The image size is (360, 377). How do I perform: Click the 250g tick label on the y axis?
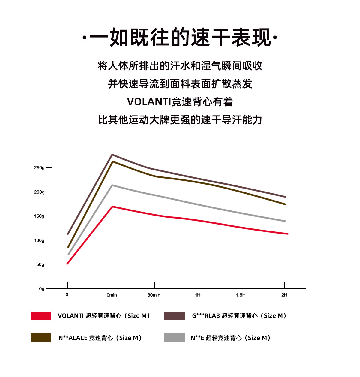tap(39, 167)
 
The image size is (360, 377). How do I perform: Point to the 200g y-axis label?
tap(39, 192)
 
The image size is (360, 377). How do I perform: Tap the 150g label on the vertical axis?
tap(39, 216)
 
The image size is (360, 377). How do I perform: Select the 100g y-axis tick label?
tap(39, 240)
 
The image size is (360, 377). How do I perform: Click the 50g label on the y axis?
tap(40, 264)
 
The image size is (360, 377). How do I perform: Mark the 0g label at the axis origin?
tap(42, 288)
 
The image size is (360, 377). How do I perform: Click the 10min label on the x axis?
tap(111, 295)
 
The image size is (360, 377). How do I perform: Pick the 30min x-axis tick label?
tap(154, 295)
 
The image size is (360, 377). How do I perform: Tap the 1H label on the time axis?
tap(197, 295)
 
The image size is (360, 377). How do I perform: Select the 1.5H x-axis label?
tap(241, 295)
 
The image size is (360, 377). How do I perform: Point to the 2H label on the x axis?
tap(284, 295)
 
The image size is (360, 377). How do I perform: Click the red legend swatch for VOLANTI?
tap(41, 315)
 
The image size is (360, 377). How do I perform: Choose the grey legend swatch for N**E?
tap(175, 338)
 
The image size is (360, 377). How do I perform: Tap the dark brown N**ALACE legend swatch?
tap(41, 338)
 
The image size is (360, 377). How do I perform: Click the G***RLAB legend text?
tap(239, 316)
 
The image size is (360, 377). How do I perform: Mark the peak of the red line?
tap(112, 207)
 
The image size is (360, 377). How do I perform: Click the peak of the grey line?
tap(112, 185)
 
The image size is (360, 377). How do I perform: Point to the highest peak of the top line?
tap(112, 155)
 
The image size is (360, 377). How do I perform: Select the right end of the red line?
tap(288, 234)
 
